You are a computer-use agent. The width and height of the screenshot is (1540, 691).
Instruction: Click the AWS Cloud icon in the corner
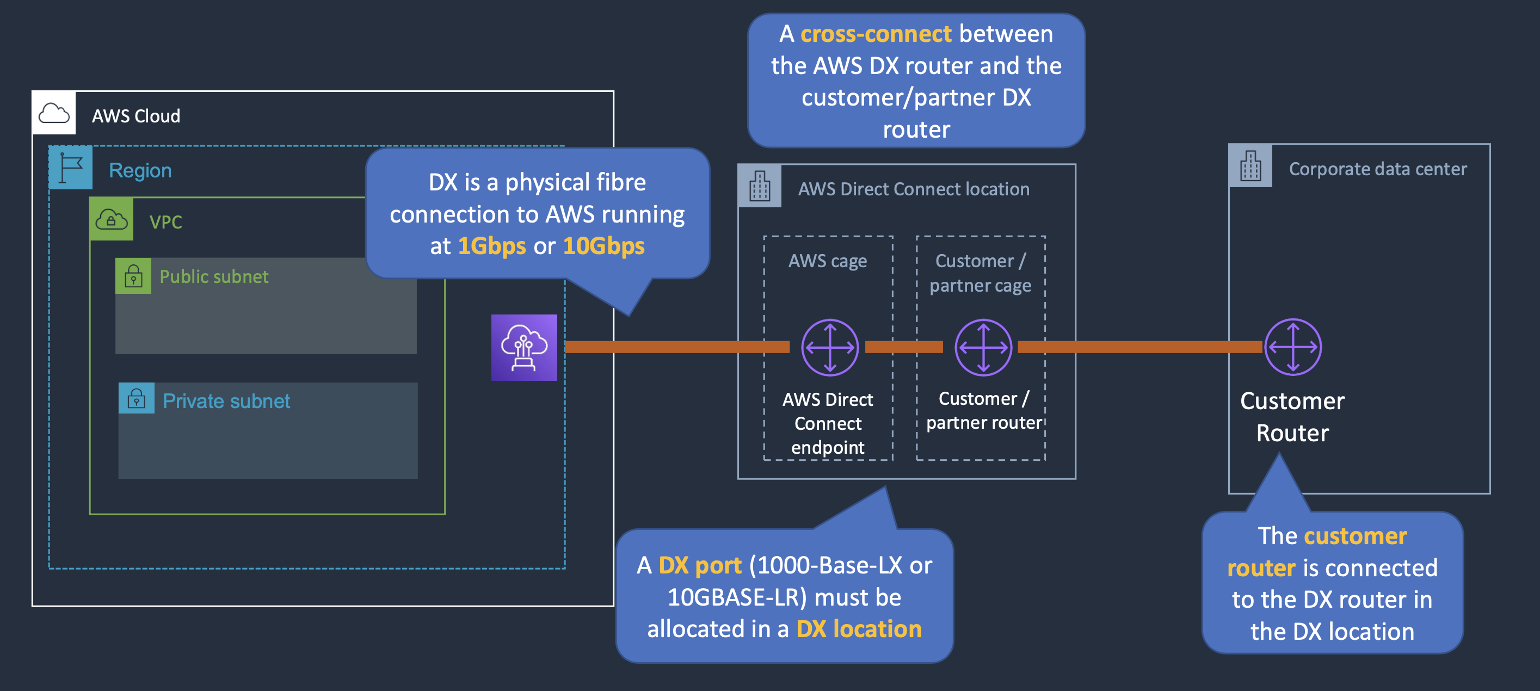click(x=54, y=113)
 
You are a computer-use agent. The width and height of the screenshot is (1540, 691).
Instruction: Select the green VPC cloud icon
click(x=111, y=219)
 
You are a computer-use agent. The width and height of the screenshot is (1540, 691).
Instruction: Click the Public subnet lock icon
click(x=133, y=276)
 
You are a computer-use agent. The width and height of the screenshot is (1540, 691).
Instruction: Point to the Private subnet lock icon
click(x=136, y=399)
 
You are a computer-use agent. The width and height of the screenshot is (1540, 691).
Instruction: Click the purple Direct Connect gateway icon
click(x=523, y=347)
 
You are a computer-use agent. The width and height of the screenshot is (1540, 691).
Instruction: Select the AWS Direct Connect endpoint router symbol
click(x=830, y=347)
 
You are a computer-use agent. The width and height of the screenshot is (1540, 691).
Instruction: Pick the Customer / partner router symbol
click(x=983, y=347)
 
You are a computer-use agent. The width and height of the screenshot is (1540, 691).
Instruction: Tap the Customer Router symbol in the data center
click(x=1292, y=347)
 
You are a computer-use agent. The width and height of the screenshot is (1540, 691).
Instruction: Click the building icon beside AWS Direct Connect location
click(x=759, y=186)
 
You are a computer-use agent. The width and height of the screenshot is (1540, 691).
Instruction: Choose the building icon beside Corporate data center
click(x=1250, y=165)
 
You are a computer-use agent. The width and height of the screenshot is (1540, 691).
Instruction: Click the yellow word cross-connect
click(x=876, y=34)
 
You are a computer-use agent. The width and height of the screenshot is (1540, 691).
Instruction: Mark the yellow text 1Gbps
click(x=491, y=246)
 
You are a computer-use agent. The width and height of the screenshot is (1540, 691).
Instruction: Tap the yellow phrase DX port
click(x=699, y=565)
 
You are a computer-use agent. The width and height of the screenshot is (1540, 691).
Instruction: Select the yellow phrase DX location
click(x=859, y=629)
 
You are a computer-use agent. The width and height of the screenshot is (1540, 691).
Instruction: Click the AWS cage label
click(x=827, y=261)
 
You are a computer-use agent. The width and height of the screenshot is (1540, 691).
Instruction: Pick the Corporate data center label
click(x=1377, y=169)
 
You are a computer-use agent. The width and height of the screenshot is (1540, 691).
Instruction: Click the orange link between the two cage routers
click(x=903, y=347)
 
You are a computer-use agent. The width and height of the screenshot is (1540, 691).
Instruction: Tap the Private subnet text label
click(x=226, y=401)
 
